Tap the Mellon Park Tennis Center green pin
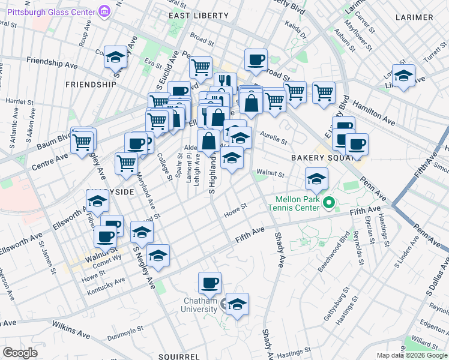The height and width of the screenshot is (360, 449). click(328, 203)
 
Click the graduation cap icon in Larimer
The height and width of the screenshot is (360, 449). click(403, 76)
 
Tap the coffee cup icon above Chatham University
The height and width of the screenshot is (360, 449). click(209, 283)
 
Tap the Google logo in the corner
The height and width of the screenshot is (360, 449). click(20, 352)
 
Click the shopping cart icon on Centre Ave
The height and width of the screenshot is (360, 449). click(82, 142)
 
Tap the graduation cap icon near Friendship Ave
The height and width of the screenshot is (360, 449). click(115, 58)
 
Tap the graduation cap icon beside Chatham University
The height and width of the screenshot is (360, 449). click(237, 304)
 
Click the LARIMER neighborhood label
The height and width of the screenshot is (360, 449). click(414, 17)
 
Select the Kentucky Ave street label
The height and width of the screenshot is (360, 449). click(106, 284)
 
